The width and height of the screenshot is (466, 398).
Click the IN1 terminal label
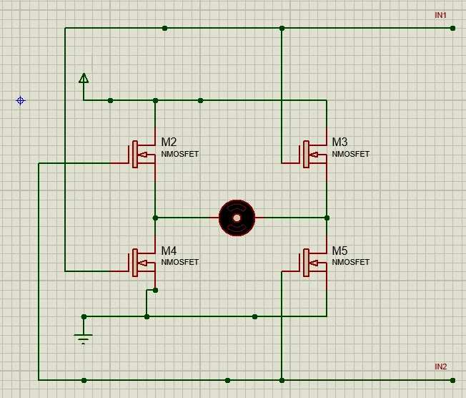pyautogui.click(x=440, y=15)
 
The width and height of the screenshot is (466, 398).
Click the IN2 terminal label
pyautogui.click(x=440, y=367)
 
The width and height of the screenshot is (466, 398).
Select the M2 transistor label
pyautogui.click(x=169, y=142)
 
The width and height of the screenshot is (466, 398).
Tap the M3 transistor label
pyautogui.click(x=339, y=142)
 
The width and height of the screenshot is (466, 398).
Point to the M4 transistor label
pyautogui.click(x=169, y=251)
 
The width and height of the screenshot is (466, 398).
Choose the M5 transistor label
pyautogui.click(x=339, y=251)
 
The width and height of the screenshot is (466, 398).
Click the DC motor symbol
pyautogui.click(x=237, y=217)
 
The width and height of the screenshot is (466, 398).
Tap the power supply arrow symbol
pyautogui.click(x=84, y=78)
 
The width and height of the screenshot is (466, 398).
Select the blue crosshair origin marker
pyautogui.click(x=21, y=101)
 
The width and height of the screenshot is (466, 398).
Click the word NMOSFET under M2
pyautogui.click(x=179, y=154)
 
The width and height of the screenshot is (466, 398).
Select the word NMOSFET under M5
pyautogui.click(x=351, y=262)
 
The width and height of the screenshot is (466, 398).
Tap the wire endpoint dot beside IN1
pyautogui.click(x=452, y=29)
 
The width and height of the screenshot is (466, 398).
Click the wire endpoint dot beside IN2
pyautogui.click(x=452, y=380)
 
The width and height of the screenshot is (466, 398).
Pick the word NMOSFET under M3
pyautogui.click(x=351, y=154)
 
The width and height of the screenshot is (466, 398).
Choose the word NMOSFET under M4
pyautogui.click(x=179, y=262)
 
